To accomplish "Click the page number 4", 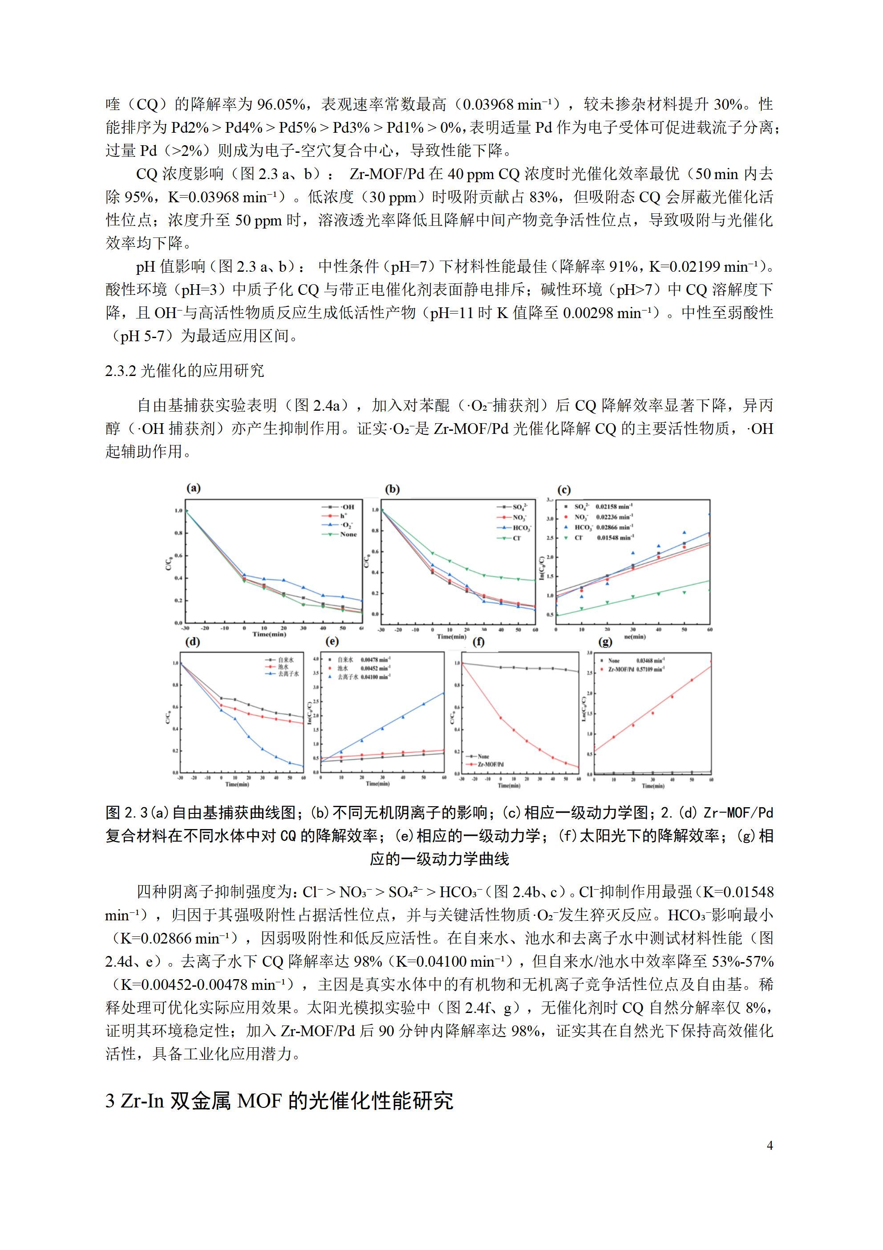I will [x=770, y=1145].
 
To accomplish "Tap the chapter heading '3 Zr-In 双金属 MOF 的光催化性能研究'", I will [x=279, y=1100].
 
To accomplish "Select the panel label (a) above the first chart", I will [x=193, y=488].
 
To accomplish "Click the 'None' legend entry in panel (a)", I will [x=348, y=534].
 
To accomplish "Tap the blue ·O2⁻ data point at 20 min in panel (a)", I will [x=284, y=580].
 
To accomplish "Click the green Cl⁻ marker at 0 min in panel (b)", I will [x=433, y=553].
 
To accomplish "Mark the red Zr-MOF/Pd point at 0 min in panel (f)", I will [x=501, y=718].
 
